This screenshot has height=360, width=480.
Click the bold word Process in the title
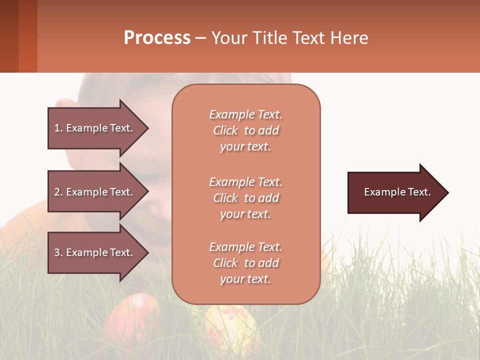click(157, 38)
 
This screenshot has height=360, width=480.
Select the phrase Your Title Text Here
click(289, 38)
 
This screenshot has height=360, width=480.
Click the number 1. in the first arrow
click(58, 128)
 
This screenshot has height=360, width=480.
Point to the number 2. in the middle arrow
click(58, 192)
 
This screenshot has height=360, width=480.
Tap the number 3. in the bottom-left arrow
click(58, 252)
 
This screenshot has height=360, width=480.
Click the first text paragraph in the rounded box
click(245, 130)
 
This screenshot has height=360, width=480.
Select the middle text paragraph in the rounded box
click(245, 198)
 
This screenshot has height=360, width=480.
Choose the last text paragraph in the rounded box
click(245, 263)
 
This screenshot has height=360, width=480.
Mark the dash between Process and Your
click(201, 38)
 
